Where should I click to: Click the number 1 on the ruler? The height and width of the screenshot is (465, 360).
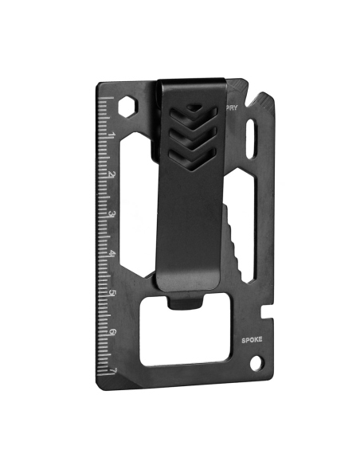pos(112,137)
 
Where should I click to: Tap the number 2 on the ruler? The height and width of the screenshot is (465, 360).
pos(112,175)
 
